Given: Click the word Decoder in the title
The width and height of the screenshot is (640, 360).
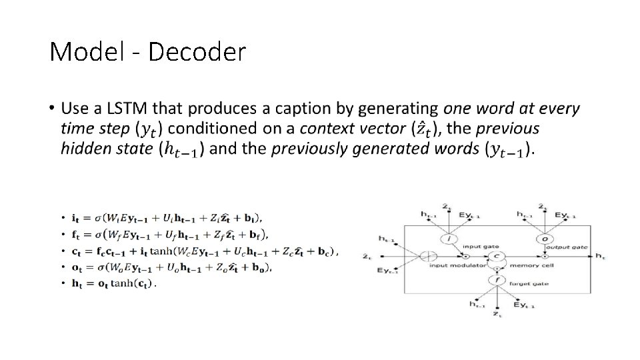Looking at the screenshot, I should click(x=197, y=51).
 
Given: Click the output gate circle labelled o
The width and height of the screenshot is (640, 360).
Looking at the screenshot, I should click(x=545, y=239).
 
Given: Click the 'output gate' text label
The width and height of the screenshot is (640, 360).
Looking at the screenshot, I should click(x=571, y=247).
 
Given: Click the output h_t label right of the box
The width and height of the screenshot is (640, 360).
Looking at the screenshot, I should click(x=600, y=256).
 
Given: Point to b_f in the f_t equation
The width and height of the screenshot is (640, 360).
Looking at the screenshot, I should click(x=257, y=234).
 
